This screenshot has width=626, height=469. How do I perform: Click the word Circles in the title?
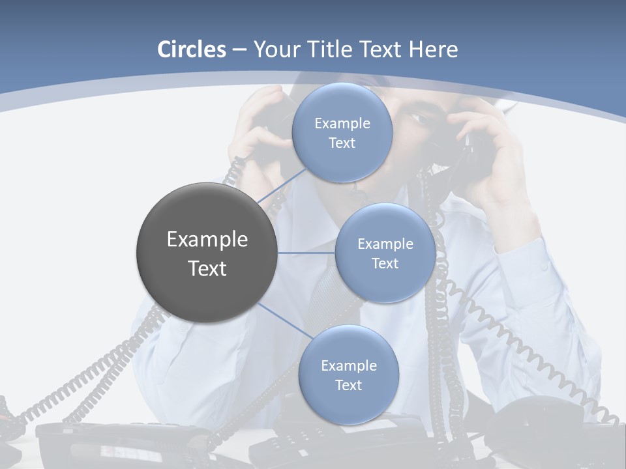coord(192,49)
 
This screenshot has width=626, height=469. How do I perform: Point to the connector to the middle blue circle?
coord(306,253)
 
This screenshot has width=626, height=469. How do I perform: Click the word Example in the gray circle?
coord(207,239)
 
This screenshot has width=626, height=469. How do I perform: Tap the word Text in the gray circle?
coord(207,268)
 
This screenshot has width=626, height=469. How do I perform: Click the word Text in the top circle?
coord(342,143)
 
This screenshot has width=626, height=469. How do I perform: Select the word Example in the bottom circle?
coord(348,365)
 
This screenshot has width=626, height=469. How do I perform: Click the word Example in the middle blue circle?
coord(385,244)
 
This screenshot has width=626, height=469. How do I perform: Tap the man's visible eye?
coord(415,119)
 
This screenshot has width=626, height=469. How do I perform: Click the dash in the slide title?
coord(239,50)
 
